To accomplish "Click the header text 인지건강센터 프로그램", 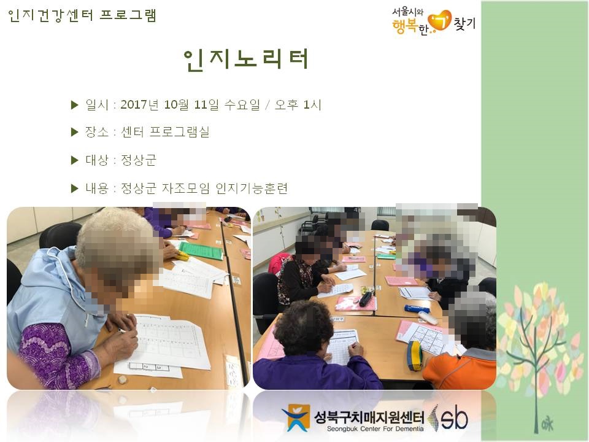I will click(82, 15).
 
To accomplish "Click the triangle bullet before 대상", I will click(75, 160).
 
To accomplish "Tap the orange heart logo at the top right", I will click(439, 21).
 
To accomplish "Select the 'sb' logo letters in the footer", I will click(454, 417).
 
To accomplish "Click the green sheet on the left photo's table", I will click(201, 250).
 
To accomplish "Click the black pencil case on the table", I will click(366, 299).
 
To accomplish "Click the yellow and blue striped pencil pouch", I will click(415, 355).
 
